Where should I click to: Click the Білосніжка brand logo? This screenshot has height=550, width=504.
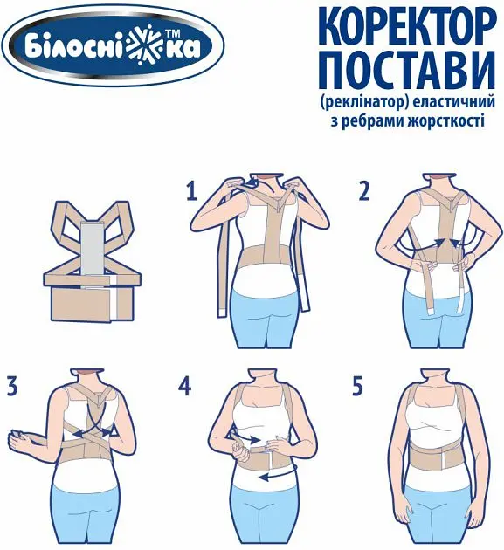point(113,45)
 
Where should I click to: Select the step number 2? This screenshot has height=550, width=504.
point(362,190)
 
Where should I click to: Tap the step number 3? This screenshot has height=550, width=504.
point(11,385)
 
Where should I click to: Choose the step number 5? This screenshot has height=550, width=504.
point(357,385)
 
